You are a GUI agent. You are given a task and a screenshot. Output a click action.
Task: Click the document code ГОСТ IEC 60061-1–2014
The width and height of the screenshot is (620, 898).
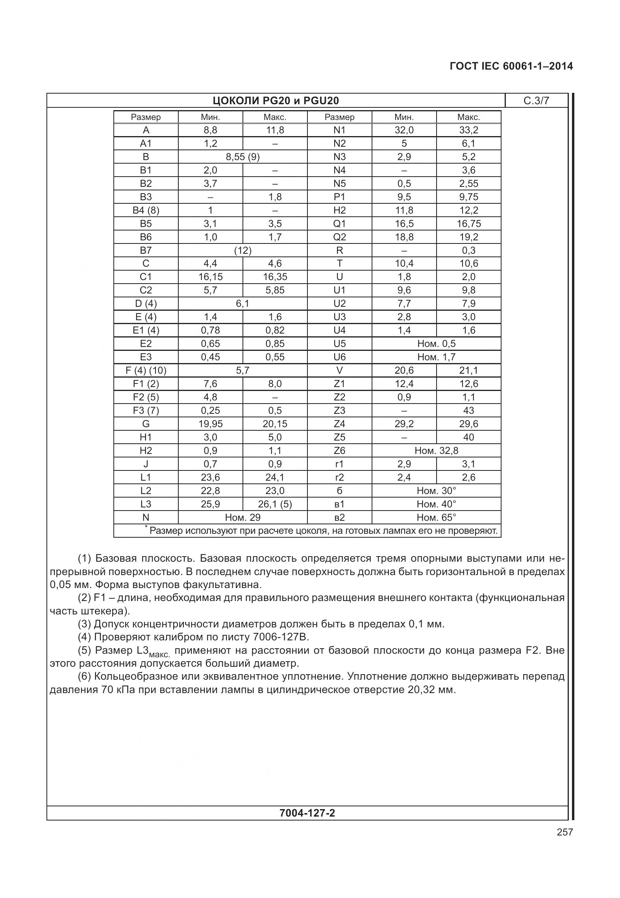tap(511, 66)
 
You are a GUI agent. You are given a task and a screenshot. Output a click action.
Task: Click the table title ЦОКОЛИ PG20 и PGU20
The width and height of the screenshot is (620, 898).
tap(276, 101)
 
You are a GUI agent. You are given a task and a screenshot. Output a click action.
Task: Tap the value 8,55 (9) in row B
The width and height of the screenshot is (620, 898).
tap(242, 157)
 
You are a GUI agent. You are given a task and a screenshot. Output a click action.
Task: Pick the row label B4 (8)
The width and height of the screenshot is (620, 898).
tap(146, 210)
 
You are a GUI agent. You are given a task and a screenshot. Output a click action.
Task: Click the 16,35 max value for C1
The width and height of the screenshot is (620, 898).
tap(275, 277)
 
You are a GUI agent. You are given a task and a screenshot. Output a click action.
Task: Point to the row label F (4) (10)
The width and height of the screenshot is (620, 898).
tap(146, 371)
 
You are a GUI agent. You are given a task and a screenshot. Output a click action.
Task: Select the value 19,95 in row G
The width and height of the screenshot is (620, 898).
tap(210, 424)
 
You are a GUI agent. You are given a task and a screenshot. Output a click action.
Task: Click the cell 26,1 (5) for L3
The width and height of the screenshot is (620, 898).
tap(275, 504)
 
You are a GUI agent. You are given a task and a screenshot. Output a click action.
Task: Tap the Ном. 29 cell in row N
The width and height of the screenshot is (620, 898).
tap(242, 518)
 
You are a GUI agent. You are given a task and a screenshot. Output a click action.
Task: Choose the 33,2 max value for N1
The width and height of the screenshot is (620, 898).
tap(468, 130)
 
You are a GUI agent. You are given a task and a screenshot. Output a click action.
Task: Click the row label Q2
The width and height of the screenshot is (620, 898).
tap(339, 237)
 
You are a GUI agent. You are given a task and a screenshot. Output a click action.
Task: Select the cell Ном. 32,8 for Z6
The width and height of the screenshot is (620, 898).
tap(436, 451)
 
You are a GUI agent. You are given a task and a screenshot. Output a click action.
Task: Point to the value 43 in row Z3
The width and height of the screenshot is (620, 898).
tap(468, 411)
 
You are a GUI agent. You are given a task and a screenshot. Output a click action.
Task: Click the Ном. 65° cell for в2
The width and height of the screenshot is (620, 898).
tap(436, 518)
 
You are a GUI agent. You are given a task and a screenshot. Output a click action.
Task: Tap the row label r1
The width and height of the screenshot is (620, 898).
tap(339, 464)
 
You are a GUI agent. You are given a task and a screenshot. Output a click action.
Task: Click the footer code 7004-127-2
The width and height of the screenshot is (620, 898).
tap(307, 813)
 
